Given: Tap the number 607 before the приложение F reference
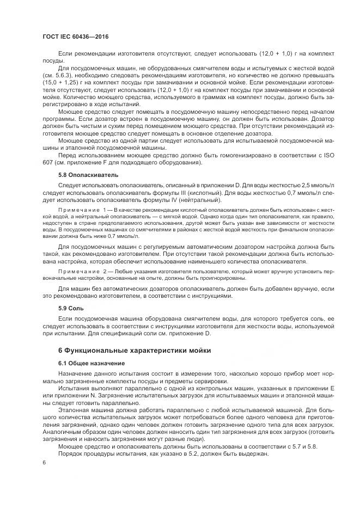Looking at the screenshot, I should pyautogui.click(x=47, y=162).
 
